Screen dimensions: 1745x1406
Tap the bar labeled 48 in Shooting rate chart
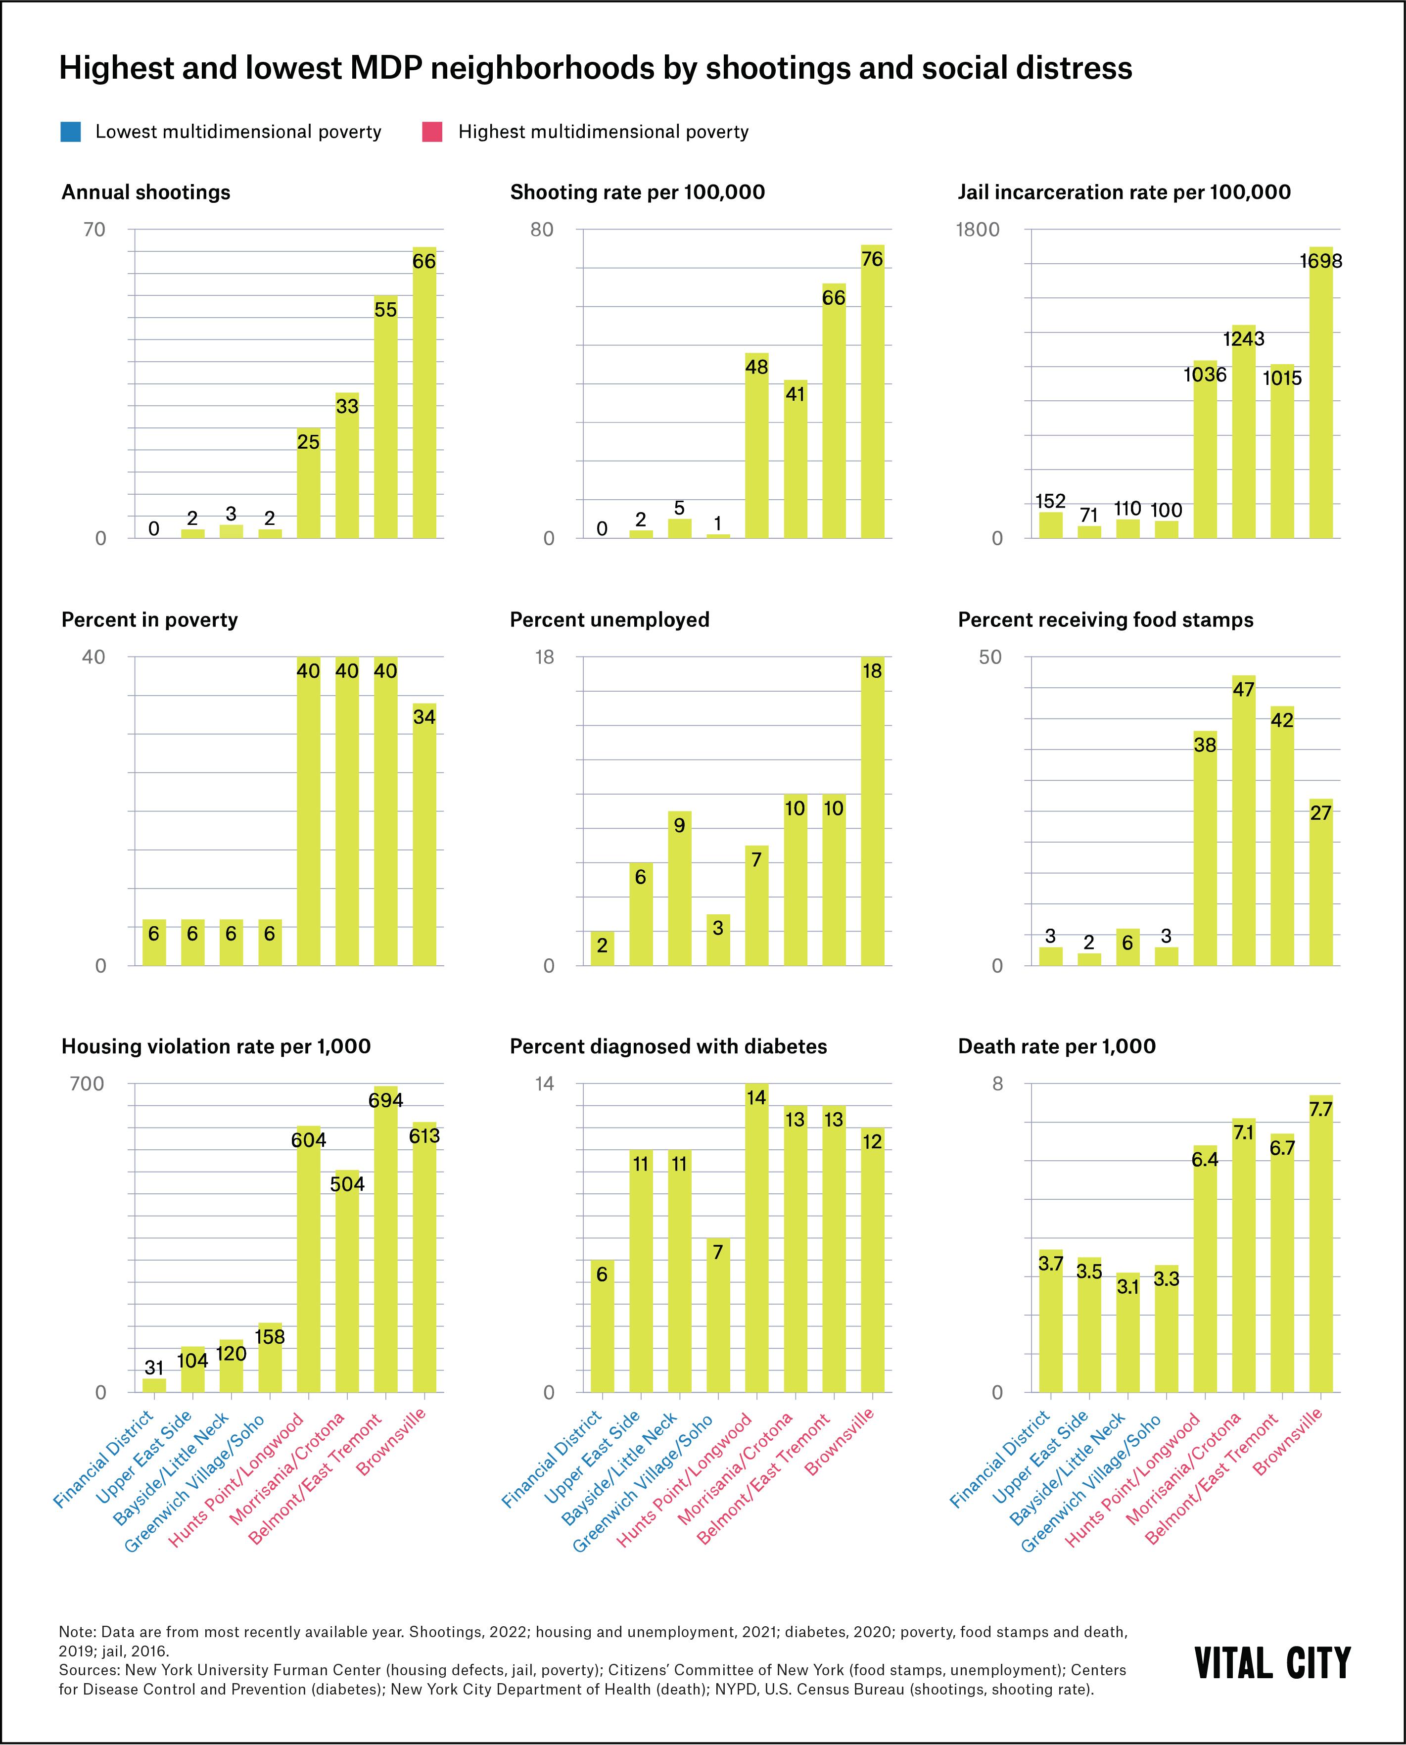coord(756,445)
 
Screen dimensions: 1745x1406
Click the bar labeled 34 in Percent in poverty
coord(423,834)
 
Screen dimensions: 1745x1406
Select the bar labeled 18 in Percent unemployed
coord(872,810)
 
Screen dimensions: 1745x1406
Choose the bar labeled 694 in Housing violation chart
coord(385,1239)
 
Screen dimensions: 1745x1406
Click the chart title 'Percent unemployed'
coord(609,619)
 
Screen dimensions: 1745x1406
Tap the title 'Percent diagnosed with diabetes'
coord(668,1046)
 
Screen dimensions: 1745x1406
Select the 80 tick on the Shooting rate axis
coord(542,230)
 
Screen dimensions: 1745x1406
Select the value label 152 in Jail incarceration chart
coord(1050,501)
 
